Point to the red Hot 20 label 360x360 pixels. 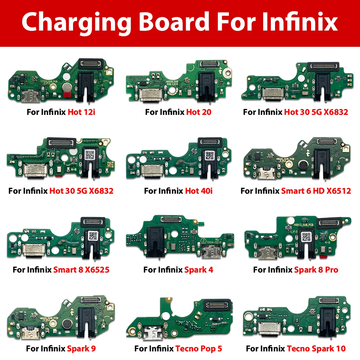coord(199,112)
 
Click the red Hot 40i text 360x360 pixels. coord(199,190)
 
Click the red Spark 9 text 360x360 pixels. coord(81,348)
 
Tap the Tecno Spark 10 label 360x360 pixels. coord(316,348)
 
